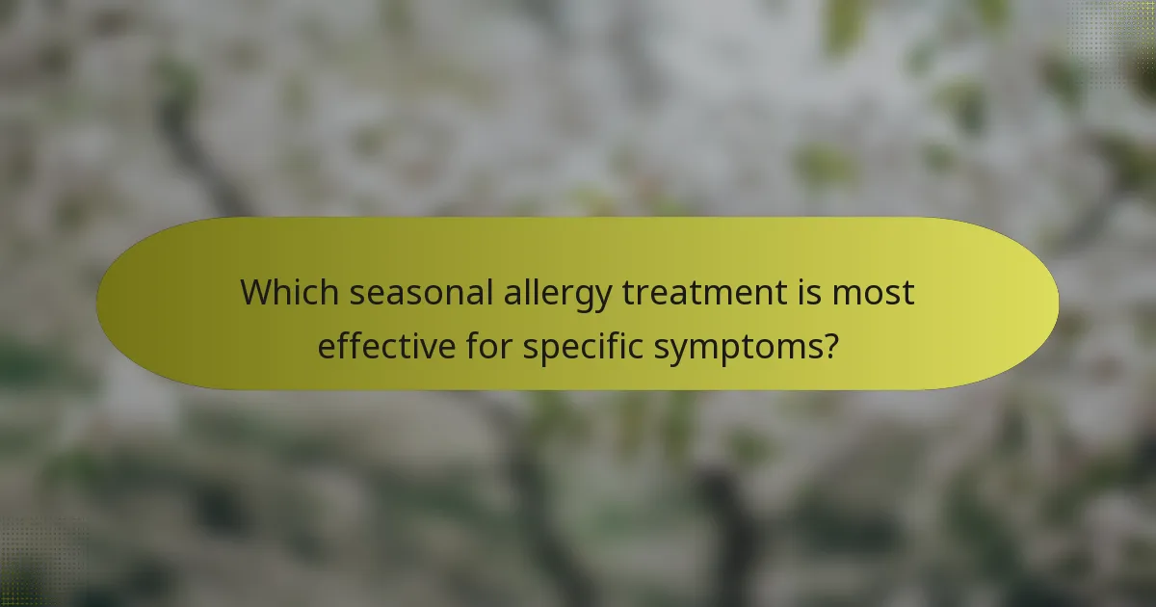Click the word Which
[x=289, y=292]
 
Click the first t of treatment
[x=627, y=292]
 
